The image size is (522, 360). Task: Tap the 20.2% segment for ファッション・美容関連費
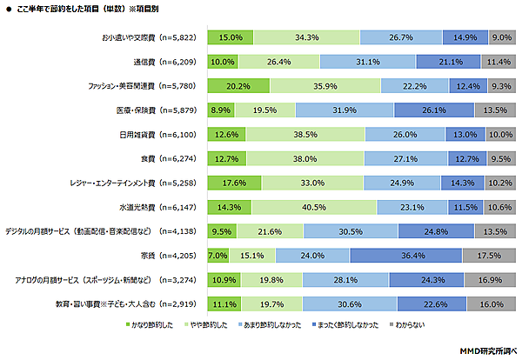point(244,86)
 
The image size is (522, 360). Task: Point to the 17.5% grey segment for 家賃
point(492,257)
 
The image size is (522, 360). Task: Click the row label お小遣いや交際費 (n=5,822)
point(152,37)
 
